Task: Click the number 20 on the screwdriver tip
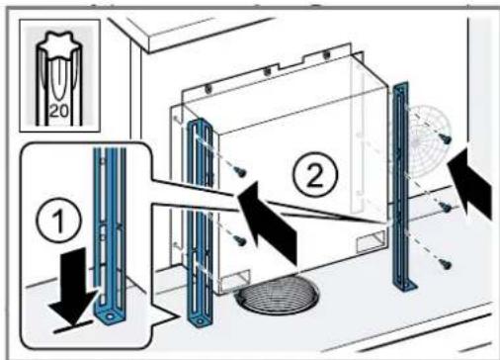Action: (x=59, y=112)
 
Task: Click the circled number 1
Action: (x=59, y=220)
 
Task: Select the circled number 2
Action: (x=315, y=174)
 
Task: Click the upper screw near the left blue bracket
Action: (x=241, y=171)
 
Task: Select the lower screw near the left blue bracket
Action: (x=241, y=240)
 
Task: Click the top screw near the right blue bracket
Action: (x=447, y=138)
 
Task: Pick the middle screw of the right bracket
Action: (x=447, y=208)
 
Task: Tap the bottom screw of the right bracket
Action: (x=446, y=264)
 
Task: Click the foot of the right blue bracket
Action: (x=406, y=286)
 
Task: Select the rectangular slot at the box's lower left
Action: (x=235, y=281)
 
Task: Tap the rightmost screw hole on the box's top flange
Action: (x=326, y=54)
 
